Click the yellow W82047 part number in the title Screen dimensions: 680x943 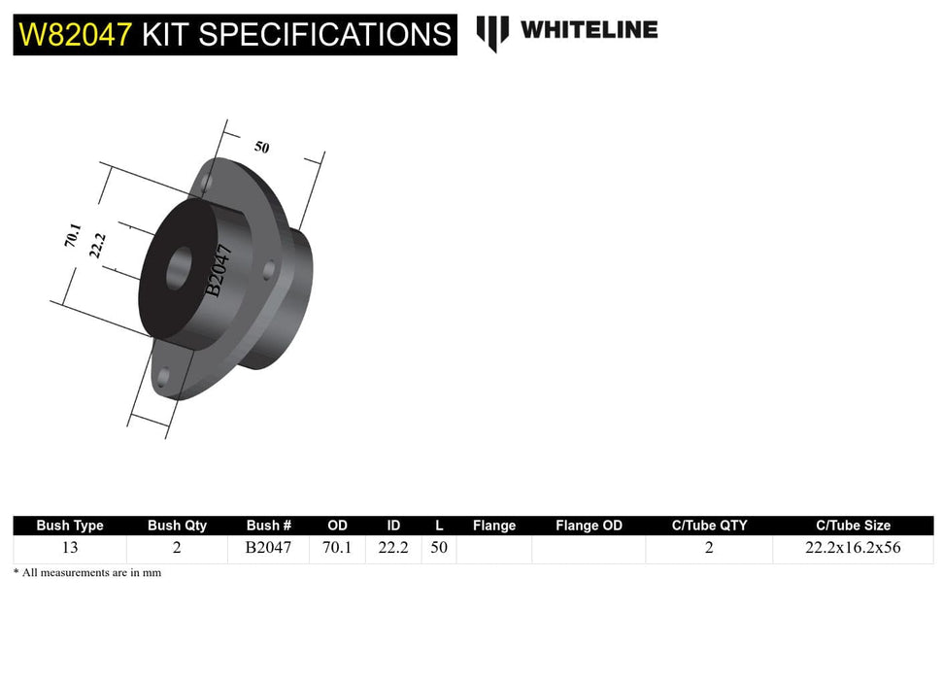76,35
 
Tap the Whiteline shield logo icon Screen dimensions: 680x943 492,32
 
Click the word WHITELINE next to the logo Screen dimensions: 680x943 589,30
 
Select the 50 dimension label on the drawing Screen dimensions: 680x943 262,147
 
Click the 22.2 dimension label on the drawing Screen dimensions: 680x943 97,245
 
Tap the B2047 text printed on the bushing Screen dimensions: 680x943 219,270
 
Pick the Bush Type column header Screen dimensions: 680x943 70,526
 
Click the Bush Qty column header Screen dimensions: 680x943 177,526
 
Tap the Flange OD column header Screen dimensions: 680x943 589,526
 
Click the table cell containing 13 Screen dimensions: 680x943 70,548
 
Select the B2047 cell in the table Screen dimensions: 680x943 268,548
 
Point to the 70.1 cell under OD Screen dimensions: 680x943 337,548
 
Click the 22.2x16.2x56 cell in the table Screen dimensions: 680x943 853,548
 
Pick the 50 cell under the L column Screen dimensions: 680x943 439,548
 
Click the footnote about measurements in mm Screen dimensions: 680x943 87,573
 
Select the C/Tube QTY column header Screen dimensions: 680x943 709,526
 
